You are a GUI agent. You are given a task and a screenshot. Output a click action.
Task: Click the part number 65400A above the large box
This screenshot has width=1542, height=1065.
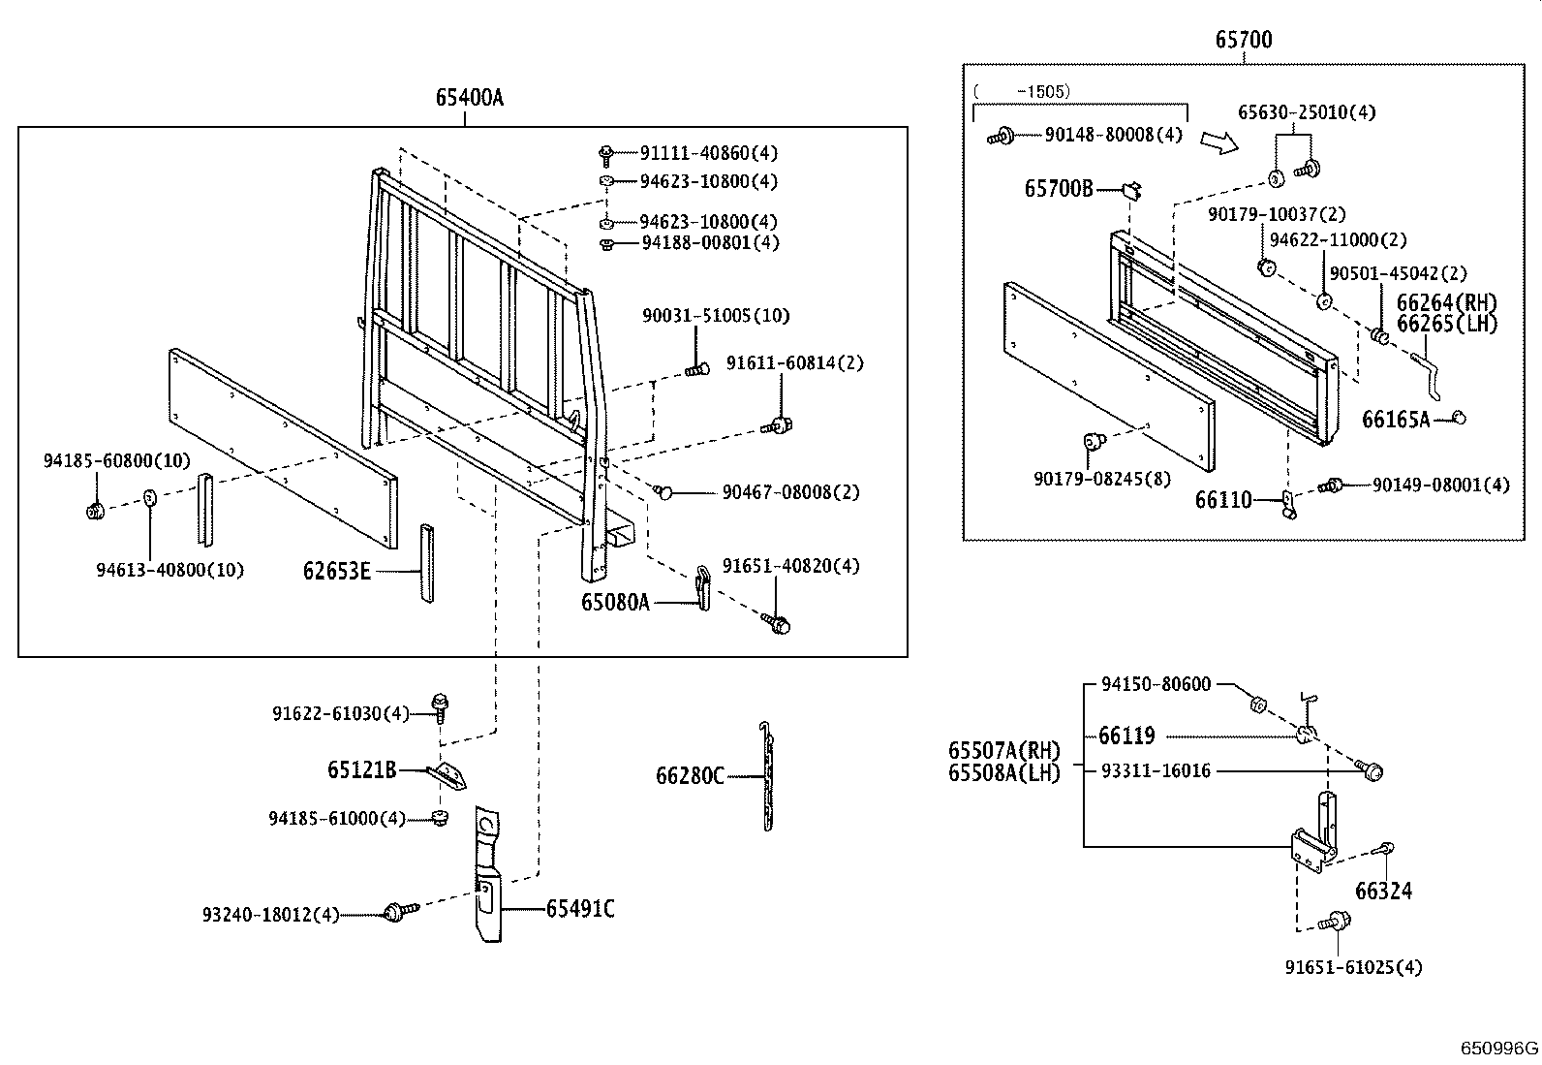[x=469, y=97]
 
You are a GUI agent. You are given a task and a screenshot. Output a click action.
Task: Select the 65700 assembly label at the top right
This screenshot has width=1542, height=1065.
[x=1244, y=40]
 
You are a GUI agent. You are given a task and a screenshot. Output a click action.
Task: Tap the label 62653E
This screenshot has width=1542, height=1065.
[x=336, y=571]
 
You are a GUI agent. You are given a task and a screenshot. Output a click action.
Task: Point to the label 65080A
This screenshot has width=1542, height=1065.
[x=615, y=602]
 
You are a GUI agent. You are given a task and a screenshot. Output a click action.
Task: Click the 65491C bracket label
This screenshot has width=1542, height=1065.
[x=579, y=909]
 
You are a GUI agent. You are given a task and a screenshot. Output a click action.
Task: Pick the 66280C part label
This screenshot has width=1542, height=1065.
[x=690, y=775]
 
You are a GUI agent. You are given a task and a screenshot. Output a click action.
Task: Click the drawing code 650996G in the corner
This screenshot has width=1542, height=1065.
[x=1499, y=1049]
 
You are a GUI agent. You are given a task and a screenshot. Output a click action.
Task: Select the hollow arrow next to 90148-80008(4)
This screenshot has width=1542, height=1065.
[x=1218, y=142]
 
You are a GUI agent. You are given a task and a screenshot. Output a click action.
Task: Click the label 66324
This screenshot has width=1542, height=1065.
[x=1383, y=891]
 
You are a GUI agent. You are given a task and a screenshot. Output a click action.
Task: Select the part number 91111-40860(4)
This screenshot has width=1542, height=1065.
[x=708, y=153]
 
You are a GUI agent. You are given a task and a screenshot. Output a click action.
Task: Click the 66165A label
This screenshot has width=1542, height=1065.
[x=1395, y=420]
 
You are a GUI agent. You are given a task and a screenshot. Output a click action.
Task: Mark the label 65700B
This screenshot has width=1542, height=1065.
[x=1058, y=188]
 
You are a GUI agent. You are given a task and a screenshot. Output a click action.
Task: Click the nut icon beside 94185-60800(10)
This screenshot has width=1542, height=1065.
[x=95, y=511]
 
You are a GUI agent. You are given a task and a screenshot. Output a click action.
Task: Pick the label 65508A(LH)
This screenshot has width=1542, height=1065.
[x=1003, y=772]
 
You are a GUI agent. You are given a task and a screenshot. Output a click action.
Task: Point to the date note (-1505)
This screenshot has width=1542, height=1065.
[x=1022, y=91]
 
